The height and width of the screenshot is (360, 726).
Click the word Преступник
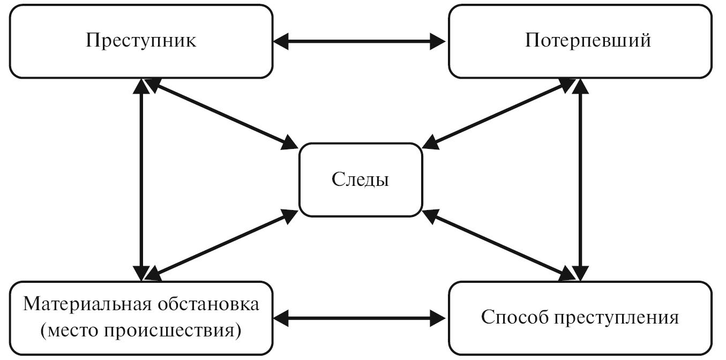[x=141, y=41]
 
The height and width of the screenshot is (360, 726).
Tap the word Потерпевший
[x=580, y=41]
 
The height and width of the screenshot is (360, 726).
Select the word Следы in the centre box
[x=360, y=179]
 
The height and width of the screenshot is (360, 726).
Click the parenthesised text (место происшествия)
[x=140, y=329]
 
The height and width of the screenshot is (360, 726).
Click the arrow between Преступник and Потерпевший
[x=360, y=41]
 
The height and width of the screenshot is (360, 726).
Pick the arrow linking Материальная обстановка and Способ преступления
[x=360, y=317]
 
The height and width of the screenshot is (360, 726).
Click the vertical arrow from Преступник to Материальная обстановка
[x=141, y=179]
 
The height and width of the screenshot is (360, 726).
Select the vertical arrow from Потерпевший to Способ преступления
[x=580, y=179]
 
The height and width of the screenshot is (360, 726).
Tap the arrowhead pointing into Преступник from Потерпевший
[x=282, y=41]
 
